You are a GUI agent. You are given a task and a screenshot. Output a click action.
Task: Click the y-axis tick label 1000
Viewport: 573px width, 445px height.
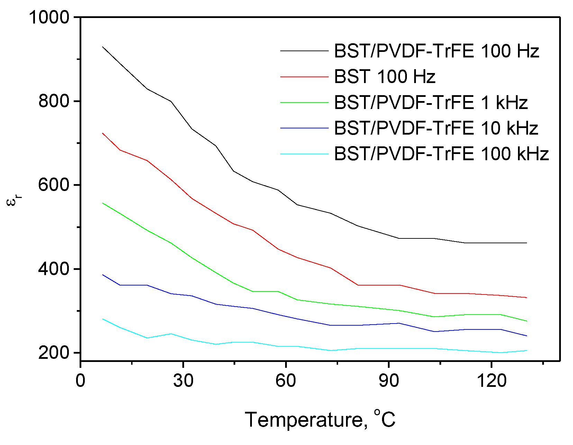click(49, 17)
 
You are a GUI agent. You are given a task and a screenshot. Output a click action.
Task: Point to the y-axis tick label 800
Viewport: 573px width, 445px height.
click(54, 101)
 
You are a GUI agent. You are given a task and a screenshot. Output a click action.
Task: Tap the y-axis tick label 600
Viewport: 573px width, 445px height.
click(54, 185)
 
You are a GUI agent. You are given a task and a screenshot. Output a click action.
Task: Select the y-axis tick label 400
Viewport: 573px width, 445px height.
click(54, 269)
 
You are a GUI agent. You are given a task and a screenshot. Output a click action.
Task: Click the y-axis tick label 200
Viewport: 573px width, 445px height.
click(54, 353)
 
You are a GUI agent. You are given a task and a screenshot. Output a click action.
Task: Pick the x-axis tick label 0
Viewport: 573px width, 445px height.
click(80, 381)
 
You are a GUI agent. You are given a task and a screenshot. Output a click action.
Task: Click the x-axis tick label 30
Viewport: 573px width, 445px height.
click(183, 381)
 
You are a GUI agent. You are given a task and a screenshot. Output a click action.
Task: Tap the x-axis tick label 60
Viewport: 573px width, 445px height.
click(286, 381)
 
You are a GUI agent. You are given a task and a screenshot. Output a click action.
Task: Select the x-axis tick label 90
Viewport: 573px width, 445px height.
click(389, 381)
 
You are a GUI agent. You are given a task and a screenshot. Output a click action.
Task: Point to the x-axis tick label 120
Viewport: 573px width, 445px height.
click(491, 381)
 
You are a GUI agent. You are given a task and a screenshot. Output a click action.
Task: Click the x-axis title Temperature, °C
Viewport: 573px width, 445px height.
click(320, 420)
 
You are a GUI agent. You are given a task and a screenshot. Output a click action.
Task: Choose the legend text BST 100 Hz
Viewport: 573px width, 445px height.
click(384, 76)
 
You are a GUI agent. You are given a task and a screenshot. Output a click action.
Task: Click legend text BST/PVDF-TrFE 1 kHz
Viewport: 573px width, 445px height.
click(431, 102)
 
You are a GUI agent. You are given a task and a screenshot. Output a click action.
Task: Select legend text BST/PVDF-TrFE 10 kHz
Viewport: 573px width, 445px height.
click(436, 128)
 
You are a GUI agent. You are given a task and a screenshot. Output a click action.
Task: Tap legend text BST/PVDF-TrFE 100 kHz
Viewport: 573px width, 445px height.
click(441, 154)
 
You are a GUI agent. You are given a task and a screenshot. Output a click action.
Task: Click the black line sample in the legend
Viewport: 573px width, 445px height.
click(304, 51)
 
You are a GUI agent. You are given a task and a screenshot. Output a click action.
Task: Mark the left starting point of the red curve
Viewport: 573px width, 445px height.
click(102, 133)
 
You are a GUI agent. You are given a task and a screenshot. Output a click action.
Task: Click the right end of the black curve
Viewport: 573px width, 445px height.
click(526, 243)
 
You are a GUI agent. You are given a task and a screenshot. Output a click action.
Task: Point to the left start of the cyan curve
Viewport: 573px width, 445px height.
click(102, 319)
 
